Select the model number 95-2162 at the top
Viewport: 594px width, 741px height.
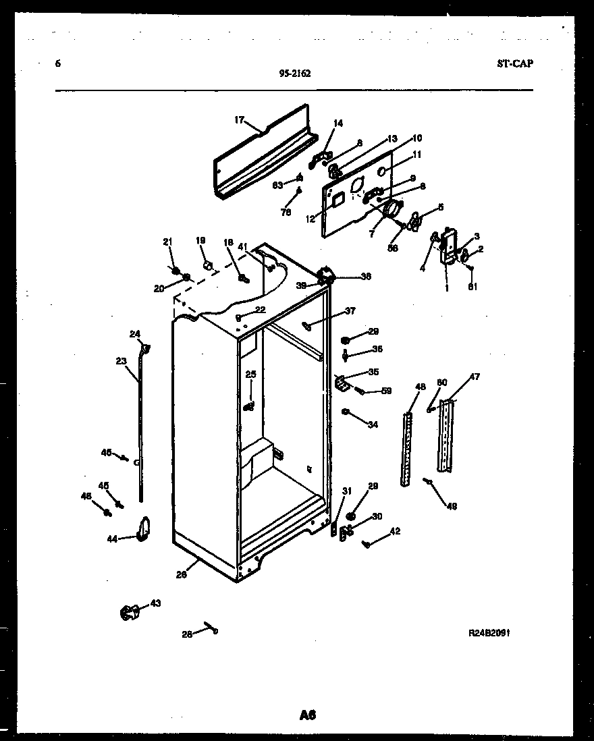coord(294,75)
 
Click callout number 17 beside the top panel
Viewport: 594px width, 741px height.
coord(239,120)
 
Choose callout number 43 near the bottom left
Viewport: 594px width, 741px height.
coord(155,603)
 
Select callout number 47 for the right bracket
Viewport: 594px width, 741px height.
coord(475,377)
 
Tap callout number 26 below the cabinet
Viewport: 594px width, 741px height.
coord(181,575)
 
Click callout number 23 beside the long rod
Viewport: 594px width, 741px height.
coord(121,361)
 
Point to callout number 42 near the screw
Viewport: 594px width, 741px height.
coord(395,531)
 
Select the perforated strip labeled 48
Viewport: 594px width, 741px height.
coord(406,449)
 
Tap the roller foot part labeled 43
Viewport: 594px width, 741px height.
coord(129,613)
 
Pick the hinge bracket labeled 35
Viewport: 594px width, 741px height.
coord(342,383)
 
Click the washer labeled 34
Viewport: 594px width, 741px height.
coord(345,412)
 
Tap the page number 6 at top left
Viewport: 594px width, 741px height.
coord(58,64)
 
